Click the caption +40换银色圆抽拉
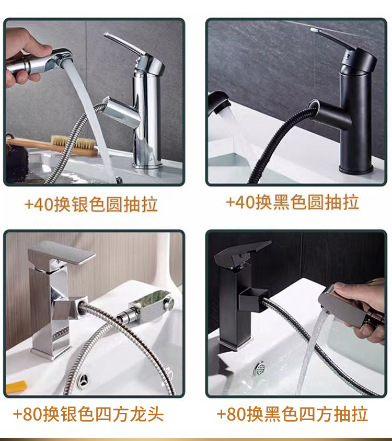click(91, 204)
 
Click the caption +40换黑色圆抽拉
click(292, 202)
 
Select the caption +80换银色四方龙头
click(88, 414)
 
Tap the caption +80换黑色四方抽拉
click(292, 414)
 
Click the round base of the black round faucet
click(356, 169)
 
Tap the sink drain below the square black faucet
click(259, 368)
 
